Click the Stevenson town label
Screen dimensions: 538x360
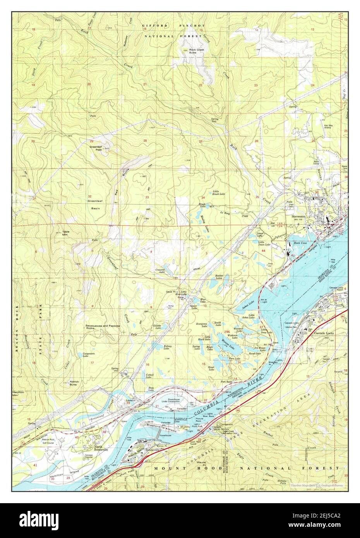(x=299, y=216)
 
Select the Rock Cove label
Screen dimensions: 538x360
(x=300, y=243)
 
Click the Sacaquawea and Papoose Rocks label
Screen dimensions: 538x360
(x=103, y=327)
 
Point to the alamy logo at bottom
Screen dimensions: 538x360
(x=180, y=520)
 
